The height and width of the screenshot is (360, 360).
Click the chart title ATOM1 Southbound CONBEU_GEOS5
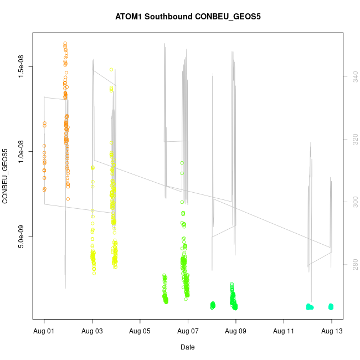pos(188,16)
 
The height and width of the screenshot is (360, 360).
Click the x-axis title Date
pos(188,347)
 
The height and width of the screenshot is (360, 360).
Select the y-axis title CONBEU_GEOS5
pos(6,176)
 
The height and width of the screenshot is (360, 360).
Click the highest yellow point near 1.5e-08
pos(111,70)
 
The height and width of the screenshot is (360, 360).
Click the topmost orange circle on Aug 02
pos(65,43)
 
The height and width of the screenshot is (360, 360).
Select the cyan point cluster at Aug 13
pos(331,306)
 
